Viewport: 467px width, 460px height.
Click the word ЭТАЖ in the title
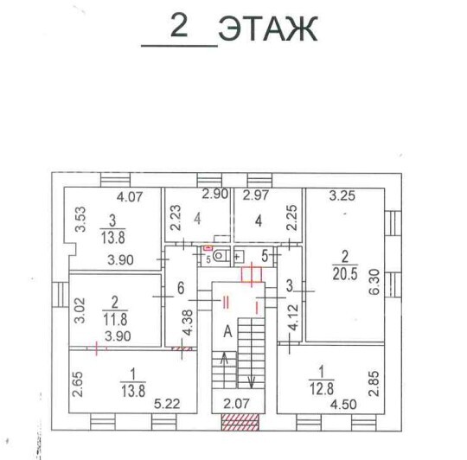point(268,29)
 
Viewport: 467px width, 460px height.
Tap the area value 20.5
point(345,274)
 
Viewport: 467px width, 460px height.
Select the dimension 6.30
point(374,282)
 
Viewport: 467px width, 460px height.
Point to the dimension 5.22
point(167,404)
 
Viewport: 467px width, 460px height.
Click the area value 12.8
point(322,389)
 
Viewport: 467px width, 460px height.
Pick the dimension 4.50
point(343,405)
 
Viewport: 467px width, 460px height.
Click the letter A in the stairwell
point(227,331)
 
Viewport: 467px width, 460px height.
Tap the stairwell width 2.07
point(236,404)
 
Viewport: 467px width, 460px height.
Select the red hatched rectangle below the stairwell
point(240,423)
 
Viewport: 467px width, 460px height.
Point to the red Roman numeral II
point(226,303)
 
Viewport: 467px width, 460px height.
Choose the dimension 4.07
point(130,197)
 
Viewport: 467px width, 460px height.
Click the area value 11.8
point(115,319)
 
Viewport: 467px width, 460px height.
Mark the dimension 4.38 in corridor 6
point(189,323)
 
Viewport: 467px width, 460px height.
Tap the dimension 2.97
point(256,195)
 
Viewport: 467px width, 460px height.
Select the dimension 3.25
point(342,196)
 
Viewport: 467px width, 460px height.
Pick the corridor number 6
point(181,288)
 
